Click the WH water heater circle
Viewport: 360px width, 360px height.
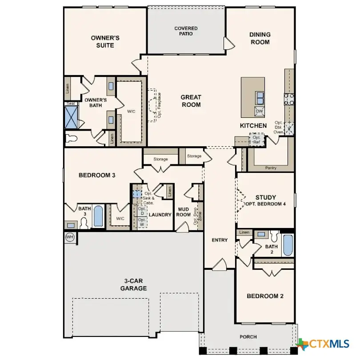pyautogui.click(x=70, y=237)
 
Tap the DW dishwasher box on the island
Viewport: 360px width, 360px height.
pyautogui.click(x=259, y=112)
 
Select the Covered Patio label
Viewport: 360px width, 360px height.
pyautogui.click(x=186, y=31)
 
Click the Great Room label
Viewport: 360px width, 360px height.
pyautogui.click(x=191, y=101)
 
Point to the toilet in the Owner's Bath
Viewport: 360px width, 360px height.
pyautogui.click(x=72, y=138)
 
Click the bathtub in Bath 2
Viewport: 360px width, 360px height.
pyautogui.click(x=288, y=245)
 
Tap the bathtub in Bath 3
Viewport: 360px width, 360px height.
pyautogui.click(x=98, y=216)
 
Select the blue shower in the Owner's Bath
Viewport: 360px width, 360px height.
pyautogui.click(x=72, y=117)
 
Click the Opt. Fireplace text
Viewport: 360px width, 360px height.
pyautogui.click(x=159, y=105)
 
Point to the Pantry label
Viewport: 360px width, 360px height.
pyautogui.click(x=271, y=168)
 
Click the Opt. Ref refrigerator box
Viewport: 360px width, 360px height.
pyautogui.click(x=256, y=140)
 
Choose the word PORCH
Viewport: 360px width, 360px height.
pyautogui.click(x=248, y=337)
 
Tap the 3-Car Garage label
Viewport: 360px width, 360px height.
pyautogui.click(x=133, y=284)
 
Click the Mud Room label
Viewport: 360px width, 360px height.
pyautogui.click(x=184, y=212)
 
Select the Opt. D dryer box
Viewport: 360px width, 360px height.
pyautogui.click(x=142, y=211)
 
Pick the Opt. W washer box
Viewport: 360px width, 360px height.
pyautogui.click(x=142, y=222)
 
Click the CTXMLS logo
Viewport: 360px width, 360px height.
pyautogui.click(x=323, y=344)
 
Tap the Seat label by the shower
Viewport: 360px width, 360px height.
pyautogui.click(x=71, y=104)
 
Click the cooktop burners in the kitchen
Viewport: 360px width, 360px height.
pyautogui.click(x=289, y=99)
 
